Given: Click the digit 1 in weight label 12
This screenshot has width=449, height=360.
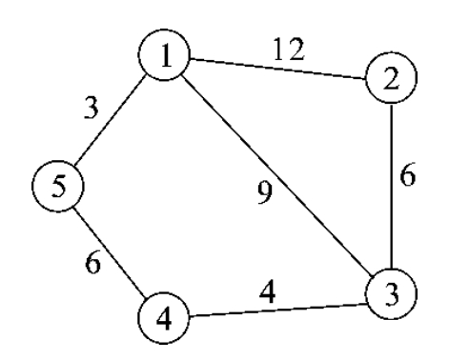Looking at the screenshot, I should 284,48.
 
